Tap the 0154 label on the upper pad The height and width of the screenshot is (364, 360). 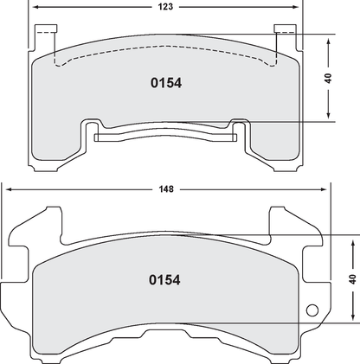164,84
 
